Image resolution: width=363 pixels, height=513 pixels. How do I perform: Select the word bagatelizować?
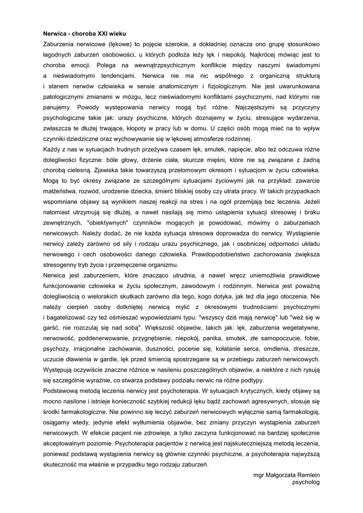[68, 318]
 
